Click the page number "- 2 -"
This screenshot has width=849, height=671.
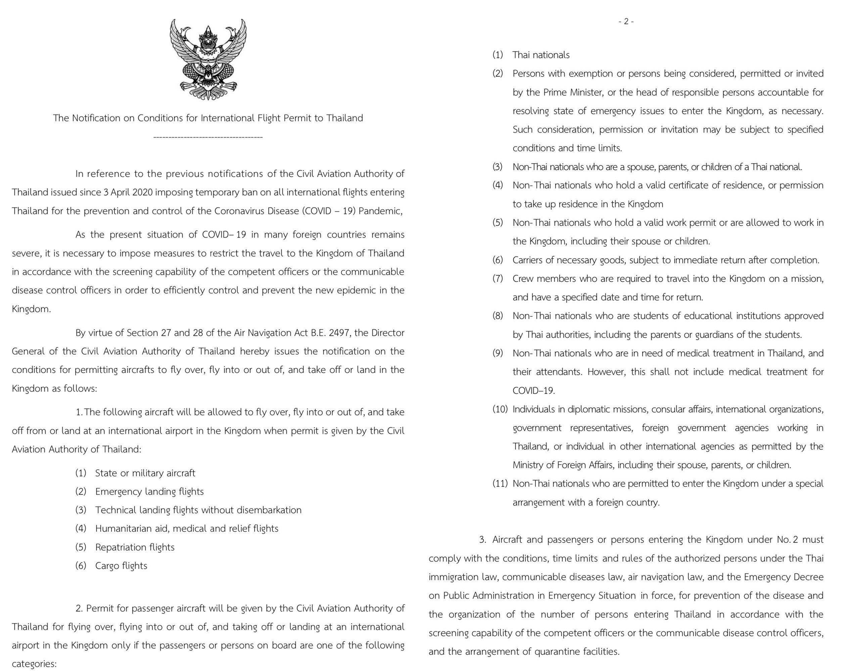pyautogui.click(x=626, y=21)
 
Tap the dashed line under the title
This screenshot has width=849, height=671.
pyautogui.click(x=208, y=137)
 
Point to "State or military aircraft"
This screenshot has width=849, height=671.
pyautogui.click(x=145, y=473)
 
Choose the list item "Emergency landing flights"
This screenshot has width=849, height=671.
pyautogui.click(x=149, y=492)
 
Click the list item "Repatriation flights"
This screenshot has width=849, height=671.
pyautogui.click(x=135, y=547)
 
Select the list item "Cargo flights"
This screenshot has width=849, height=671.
pyautogui.click(x=121, y=566)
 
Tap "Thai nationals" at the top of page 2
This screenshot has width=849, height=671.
pyautogui.click(x=541, y=55)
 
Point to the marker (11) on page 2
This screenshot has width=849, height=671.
pyautogui.click(x=500, y=483)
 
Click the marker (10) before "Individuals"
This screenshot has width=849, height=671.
pyautogui.click(x=500, y=409)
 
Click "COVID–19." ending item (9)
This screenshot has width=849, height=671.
pyautogui.click(x=533, y=391)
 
